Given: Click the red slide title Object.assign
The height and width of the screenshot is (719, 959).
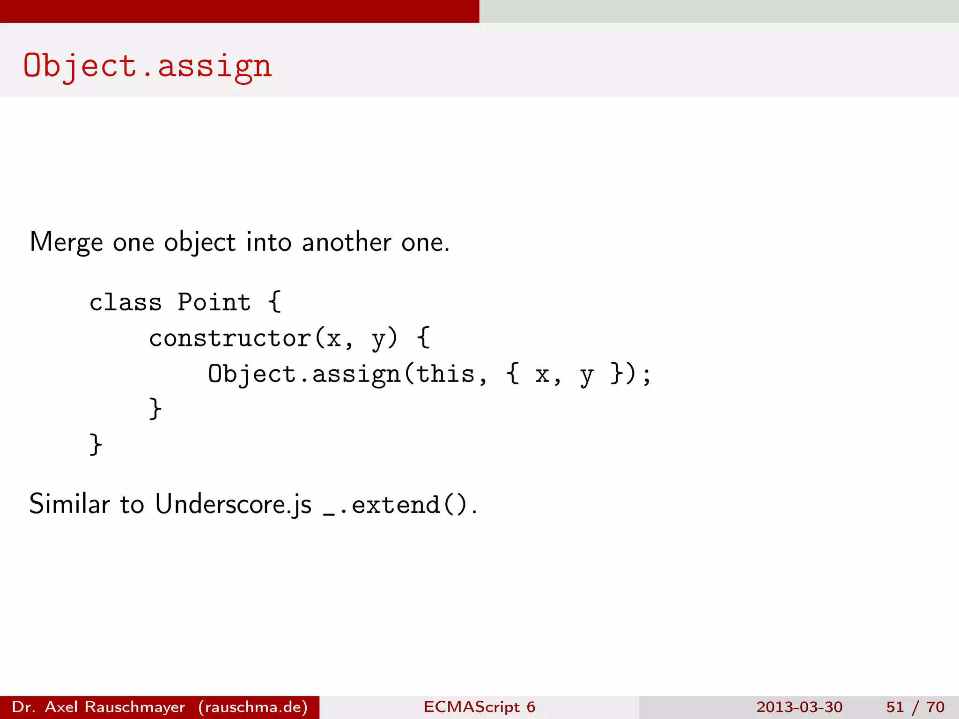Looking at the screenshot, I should (147, 66).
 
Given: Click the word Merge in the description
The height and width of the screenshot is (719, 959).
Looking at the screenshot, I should (66, 242).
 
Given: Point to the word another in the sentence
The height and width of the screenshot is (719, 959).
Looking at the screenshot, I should (346, 242).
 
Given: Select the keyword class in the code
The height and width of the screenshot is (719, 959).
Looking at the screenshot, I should (125, 302).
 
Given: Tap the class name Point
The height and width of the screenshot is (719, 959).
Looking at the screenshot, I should (214, 302).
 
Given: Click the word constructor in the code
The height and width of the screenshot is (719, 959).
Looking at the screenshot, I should (229, 338).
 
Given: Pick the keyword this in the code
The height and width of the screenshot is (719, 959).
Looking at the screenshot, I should (445, 374).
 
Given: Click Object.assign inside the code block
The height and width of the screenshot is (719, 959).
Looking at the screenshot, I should (304, 374).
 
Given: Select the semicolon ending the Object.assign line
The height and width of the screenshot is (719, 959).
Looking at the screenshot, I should (647, 375).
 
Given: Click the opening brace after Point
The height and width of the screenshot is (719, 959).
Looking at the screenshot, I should (275, 302).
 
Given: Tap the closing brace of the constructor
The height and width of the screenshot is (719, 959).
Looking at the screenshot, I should (155, 409).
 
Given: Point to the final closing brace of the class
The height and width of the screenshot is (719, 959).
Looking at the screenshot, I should (96, 445).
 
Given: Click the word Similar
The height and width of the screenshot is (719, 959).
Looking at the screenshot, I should (69, 504).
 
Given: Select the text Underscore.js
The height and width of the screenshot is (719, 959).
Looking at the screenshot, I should (233, 504).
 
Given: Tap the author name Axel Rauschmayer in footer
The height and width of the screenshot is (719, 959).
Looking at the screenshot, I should (115, 707).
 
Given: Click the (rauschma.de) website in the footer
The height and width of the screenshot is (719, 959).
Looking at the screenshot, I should (253, 707).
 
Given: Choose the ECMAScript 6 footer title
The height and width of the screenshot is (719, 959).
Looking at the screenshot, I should (479, 707).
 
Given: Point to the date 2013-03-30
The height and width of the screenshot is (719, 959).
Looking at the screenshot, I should (799, 707).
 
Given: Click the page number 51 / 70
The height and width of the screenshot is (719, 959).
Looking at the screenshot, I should (915, 707).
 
